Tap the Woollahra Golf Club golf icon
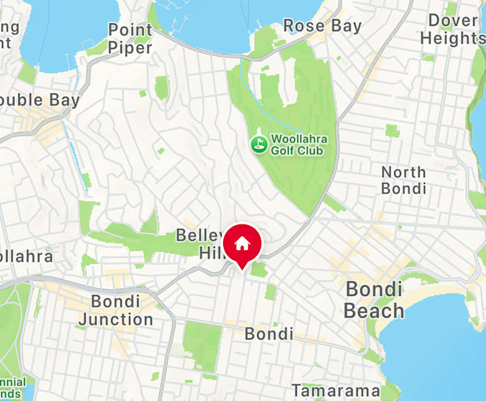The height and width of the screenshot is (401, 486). [x=258, y=144]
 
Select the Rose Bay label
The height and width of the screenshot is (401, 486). [x=322, y=26]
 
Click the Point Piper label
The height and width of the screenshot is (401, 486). [x=130, y=39]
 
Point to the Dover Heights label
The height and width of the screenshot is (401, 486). [x=453, y=29]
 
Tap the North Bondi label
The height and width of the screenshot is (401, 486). [x=404, y=180]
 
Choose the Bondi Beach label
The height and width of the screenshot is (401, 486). [x=374, y=300]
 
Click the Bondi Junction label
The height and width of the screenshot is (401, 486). [x=116, y=311]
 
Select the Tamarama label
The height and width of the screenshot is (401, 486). [x=336, y=390]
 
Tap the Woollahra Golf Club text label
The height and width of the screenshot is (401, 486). [x=298, y=145]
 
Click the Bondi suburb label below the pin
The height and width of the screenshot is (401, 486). [x=269, y=334]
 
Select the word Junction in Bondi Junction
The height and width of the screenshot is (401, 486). [x=116, y=320]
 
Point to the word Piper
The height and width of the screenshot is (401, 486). [x=130, y=47]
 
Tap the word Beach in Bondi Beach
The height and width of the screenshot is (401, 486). [x=374, y=310]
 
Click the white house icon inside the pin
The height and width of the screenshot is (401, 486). [x=242, y=242]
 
